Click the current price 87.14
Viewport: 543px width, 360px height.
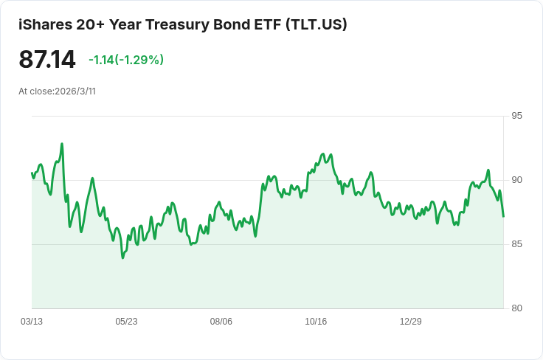(47, 59)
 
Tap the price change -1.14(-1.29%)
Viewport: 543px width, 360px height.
(126, 60)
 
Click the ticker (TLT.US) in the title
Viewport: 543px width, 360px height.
(317, 24)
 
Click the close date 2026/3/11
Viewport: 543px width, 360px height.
(75, 91)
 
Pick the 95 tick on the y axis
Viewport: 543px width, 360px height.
(516, 116)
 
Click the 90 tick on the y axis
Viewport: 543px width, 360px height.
(516, 180)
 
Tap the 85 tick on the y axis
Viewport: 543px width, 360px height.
(516, 244)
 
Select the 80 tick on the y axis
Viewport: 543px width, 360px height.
(516, 308)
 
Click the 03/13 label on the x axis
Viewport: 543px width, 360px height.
(32, 322)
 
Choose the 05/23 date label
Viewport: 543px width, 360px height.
(126, 322)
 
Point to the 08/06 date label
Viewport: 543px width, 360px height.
(221, 322)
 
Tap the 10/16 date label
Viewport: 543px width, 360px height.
(316, 322)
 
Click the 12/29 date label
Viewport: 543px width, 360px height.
(411, 322)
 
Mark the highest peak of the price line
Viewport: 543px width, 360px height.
(62, 144)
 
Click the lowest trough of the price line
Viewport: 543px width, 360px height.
(122, 258)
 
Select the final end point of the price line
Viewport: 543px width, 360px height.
(503, 217)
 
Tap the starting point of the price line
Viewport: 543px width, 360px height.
(32, 173)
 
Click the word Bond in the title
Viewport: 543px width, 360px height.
(229, 24)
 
